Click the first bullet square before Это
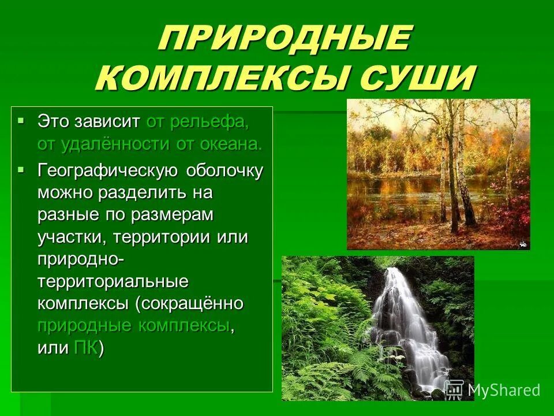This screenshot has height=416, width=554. point(21,120)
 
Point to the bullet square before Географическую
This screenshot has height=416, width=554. point(21,170)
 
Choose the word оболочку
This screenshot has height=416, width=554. point(225,171)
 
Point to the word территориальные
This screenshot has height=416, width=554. point(113,281)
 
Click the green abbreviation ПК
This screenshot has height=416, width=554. point(86,348)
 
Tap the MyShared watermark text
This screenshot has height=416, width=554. point(503,390)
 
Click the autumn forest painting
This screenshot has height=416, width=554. point(438,174)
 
